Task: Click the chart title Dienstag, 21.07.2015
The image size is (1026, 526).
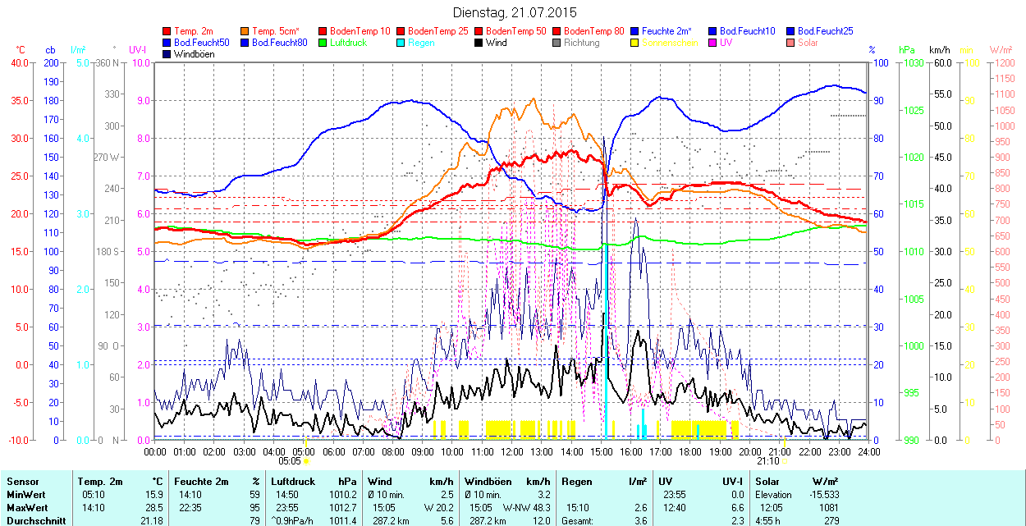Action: [x=515, y=12]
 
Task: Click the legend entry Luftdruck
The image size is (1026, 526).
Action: [x=348, y=42]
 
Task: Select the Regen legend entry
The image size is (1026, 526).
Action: [x=421, y=42]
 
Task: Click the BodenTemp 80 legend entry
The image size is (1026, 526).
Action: [x=594, y=30]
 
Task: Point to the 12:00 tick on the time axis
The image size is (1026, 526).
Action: [x=512, y=451]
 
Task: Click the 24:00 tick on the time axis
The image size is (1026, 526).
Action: [x=868, y=451]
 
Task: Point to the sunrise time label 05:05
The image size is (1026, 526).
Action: [x=290, y=461]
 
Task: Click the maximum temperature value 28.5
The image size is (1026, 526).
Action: [x=153, y=508]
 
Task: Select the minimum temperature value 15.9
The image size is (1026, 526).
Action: [x=153, y=495]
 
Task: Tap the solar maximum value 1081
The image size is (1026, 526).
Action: [x=828, y=508]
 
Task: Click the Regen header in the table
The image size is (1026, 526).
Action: [x=576, y=482]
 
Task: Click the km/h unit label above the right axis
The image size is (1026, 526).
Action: [x=940, y=50]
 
